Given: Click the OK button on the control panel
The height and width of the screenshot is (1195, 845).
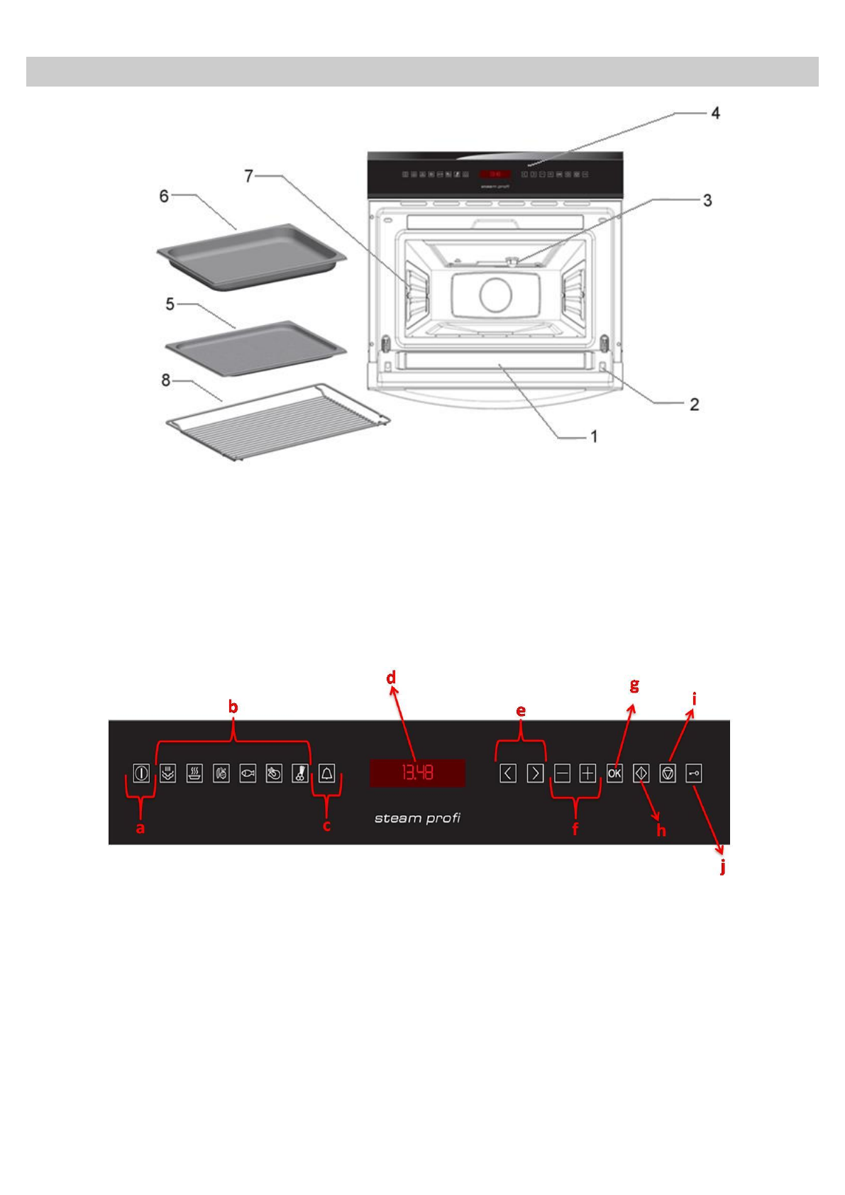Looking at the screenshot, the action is coord(614,773).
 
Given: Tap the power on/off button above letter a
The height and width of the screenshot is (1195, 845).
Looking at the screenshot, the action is coord(141,773).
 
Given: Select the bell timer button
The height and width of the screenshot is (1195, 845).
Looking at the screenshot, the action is coord(326,773).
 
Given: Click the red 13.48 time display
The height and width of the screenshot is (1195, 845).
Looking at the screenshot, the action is coord(417,773).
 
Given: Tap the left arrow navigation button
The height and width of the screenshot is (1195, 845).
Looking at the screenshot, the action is coord(508,773).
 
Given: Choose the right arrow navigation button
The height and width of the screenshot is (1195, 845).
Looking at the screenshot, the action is coord(535,773).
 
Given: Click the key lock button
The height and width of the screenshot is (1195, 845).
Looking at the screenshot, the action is coord(694,773).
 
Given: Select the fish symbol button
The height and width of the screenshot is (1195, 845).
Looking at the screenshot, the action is coord(248,773).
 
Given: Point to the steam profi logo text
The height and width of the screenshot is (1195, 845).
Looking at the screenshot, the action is coord(417,818).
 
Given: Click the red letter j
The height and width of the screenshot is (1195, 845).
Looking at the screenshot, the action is coord(722,866).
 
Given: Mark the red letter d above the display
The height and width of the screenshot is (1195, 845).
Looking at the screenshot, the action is coord(391,678).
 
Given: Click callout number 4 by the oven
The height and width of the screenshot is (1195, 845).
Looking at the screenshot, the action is coord(715,114).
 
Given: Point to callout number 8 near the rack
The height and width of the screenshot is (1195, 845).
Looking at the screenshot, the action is coord(166,380).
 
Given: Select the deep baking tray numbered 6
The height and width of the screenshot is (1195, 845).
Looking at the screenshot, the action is coord(251,254).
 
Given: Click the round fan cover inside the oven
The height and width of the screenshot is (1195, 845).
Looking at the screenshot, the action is coord(495,294).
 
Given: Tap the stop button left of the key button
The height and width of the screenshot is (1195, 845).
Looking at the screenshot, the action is coord(668,773).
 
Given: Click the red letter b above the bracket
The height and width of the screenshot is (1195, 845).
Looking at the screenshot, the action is coord(233,707).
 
